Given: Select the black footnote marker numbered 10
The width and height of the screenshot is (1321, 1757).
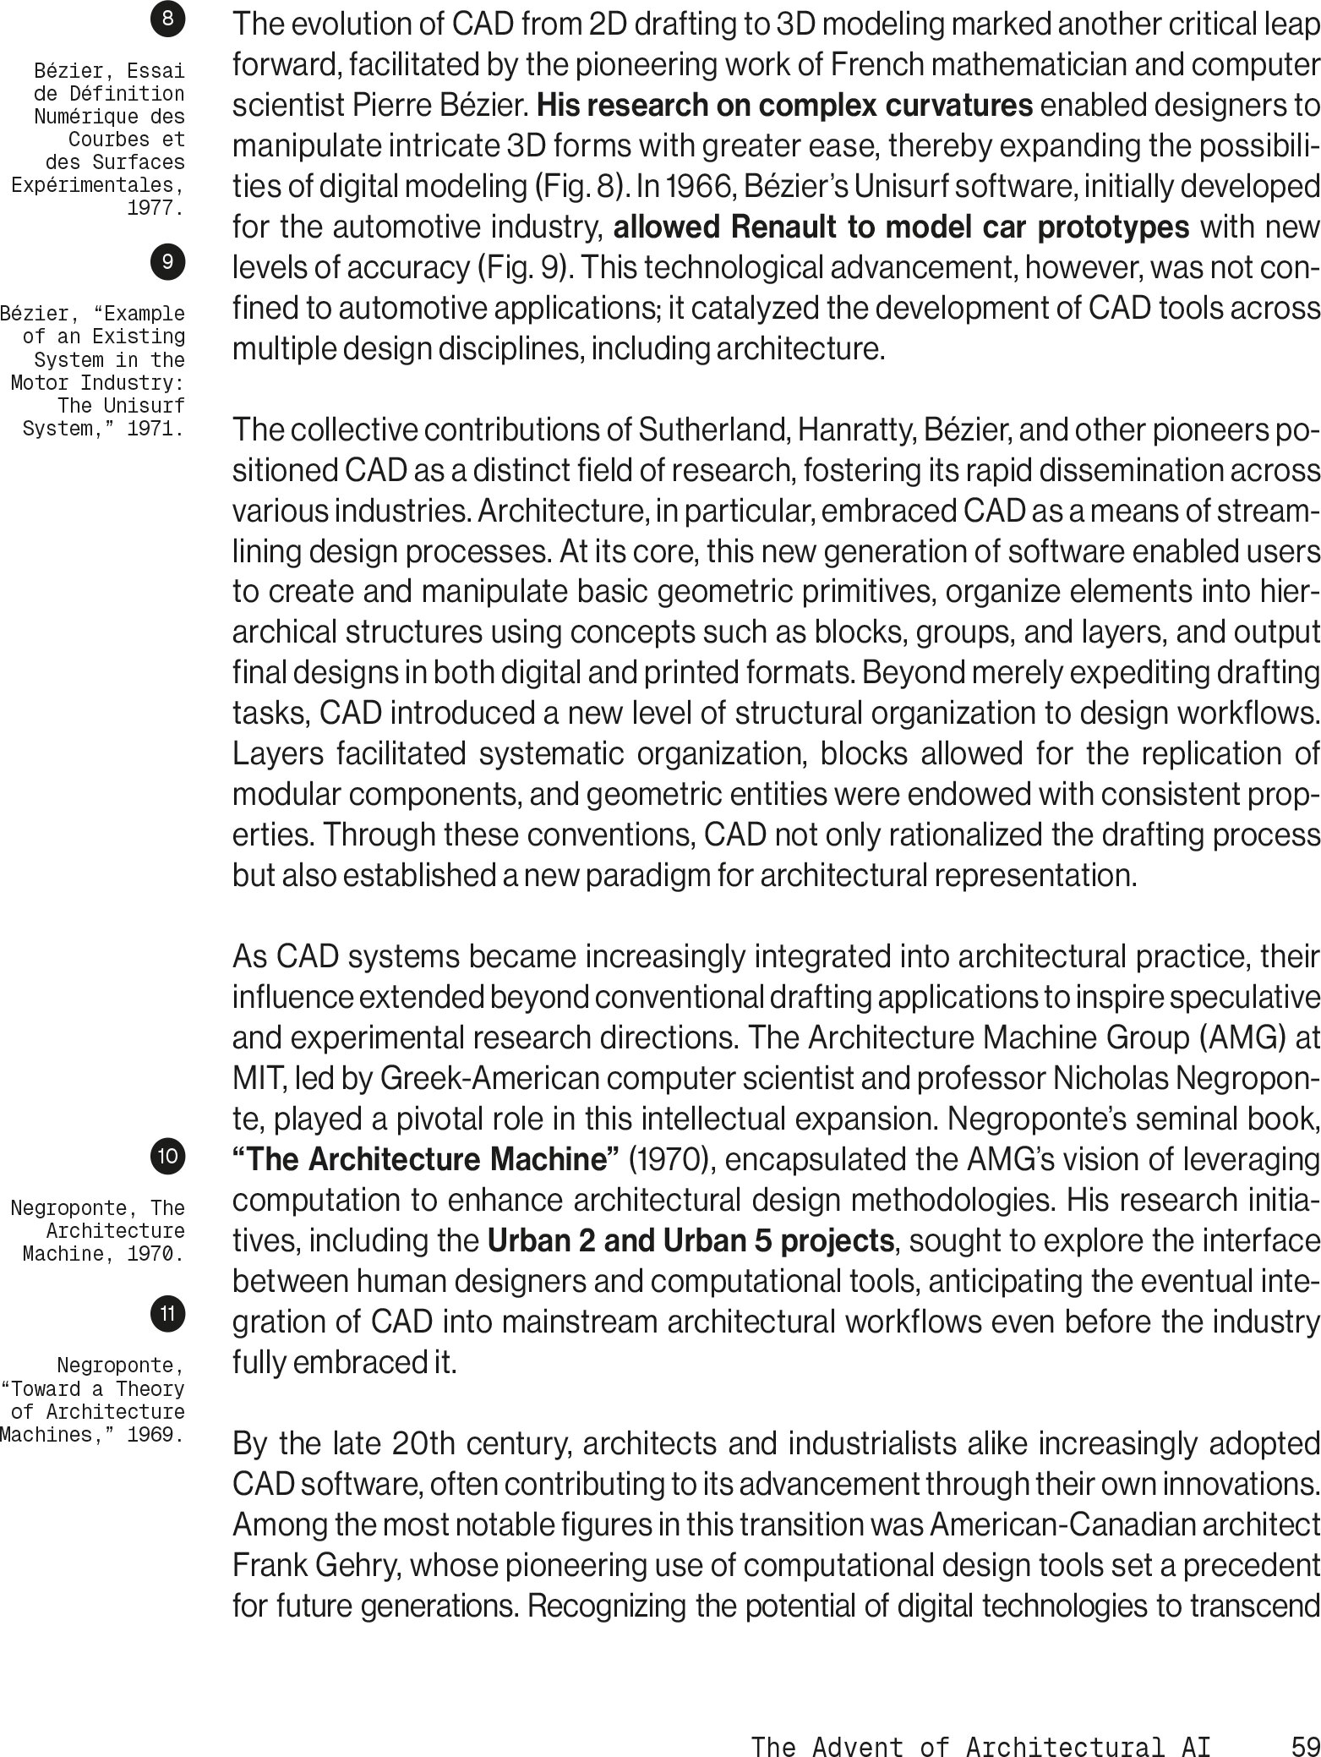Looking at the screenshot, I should (x=169, y=1155).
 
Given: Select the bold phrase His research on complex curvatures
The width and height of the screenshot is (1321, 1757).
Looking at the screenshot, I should (x=784, y=107).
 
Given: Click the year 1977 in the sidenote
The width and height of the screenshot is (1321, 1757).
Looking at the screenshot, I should (x=156, y=208).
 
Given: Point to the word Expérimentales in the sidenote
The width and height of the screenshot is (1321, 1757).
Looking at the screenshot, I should (x=98, y=185).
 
